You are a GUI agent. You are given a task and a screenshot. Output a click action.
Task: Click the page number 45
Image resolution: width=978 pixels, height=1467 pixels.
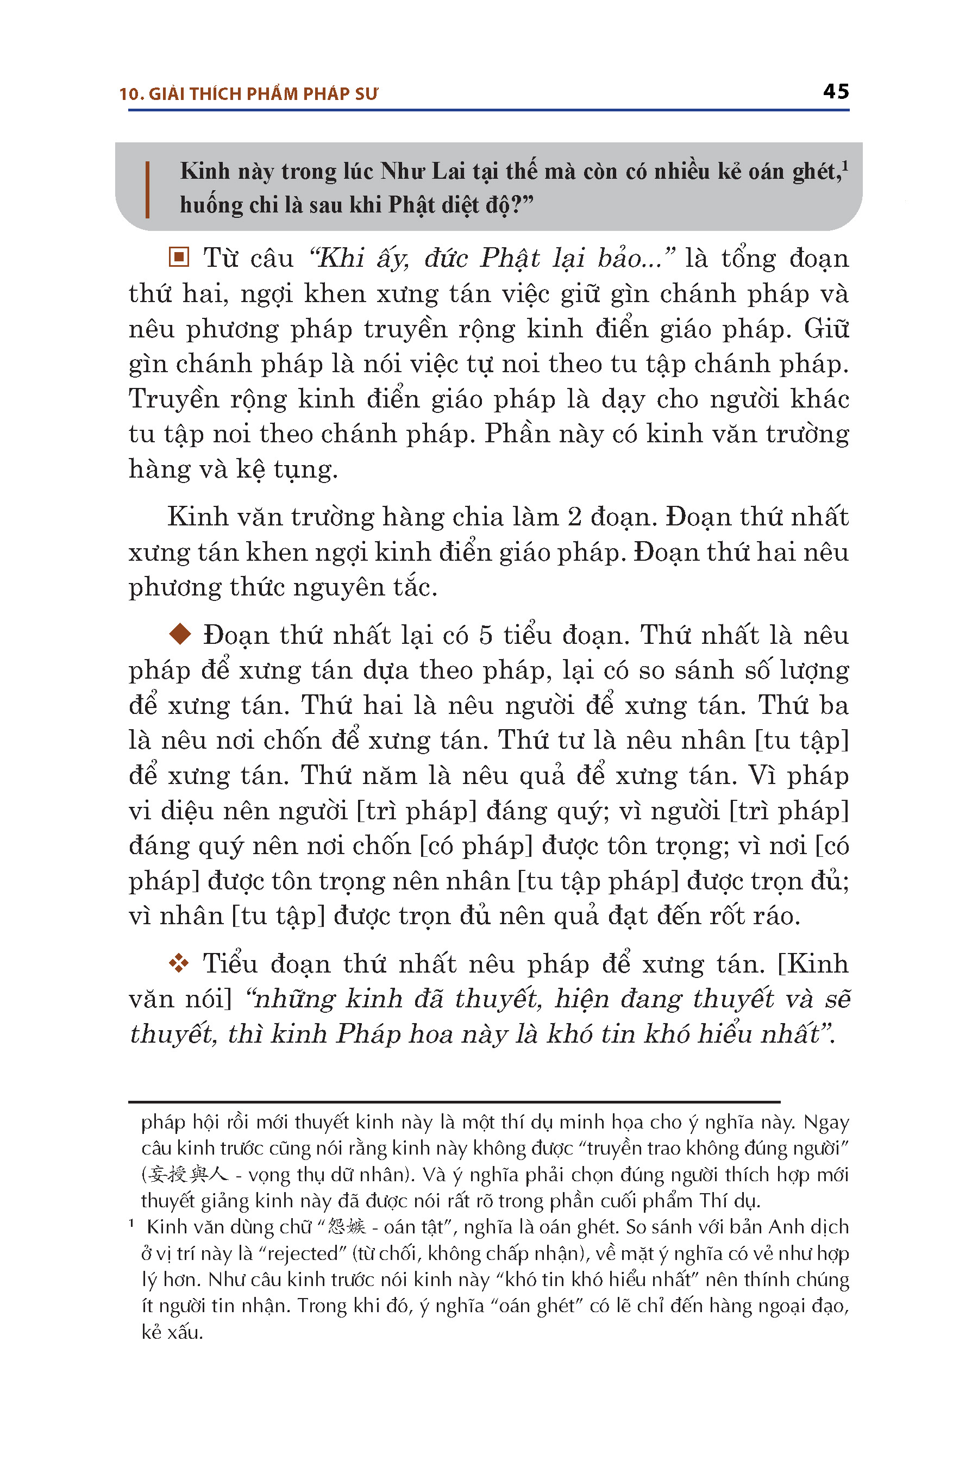coord(835,92)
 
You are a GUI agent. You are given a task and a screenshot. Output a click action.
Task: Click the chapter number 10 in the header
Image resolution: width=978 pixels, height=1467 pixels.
coord(129,94)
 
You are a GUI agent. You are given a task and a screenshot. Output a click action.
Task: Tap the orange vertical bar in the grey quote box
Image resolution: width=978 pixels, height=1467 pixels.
coord(147,190)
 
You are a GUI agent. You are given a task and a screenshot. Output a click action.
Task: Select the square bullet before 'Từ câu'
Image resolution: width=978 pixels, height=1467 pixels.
coord(178,257)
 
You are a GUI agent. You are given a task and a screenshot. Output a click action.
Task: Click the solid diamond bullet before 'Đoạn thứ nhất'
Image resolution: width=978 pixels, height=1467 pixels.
coord(180,634)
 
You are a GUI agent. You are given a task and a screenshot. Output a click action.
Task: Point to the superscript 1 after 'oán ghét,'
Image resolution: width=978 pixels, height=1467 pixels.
coord(845,166)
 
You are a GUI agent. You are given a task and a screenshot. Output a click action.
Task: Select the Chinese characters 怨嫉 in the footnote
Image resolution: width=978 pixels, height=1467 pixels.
coord(346,1227)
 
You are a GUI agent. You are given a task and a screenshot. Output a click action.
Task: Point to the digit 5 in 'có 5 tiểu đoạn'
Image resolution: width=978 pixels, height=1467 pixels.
coord(486,635)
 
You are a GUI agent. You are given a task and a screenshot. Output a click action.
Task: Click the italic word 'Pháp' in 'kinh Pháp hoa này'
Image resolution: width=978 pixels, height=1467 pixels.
coord(363,1033)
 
